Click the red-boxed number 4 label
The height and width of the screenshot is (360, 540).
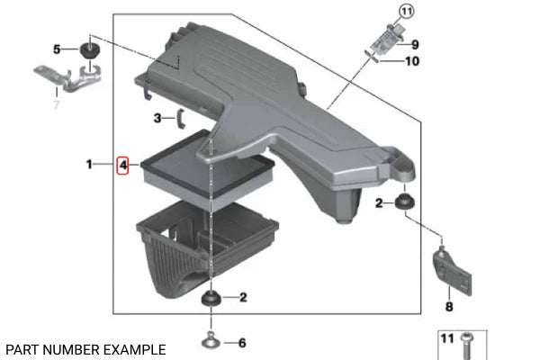(122, 166)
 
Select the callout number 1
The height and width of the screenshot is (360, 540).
(89, 164)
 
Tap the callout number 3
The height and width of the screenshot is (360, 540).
(157, 118)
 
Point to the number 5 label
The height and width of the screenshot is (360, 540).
(57, 49)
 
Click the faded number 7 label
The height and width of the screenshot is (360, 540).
(58, 103)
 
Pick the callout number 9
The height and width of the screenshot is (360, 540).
(415, 44)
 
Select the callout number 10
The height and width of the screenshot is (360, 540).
(412, 61)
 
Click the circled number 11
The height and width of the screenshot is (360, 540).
(407, 12)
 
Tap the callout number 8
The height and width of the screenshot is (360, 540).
(449, 306)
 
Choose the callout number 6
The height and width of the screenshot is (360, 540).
(242, 343)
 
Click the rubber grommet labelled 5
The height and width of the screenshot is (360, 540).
(90, 50)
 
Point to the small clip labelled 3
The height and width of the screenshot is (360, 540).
(181, 119)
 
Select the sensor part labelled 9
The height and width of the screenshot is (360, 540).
(385, 40)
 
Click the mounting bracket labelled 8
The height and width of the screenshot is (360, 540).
(452, 270)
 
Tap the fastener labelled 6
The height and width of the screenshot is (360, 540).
(211, 341)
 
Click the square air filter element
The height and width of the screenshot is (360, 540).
(207, 171)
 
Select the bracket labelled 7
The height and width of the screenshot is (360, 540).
(67, 78)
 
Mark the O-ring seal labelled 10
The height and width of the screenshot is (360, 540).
(372, 57)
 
